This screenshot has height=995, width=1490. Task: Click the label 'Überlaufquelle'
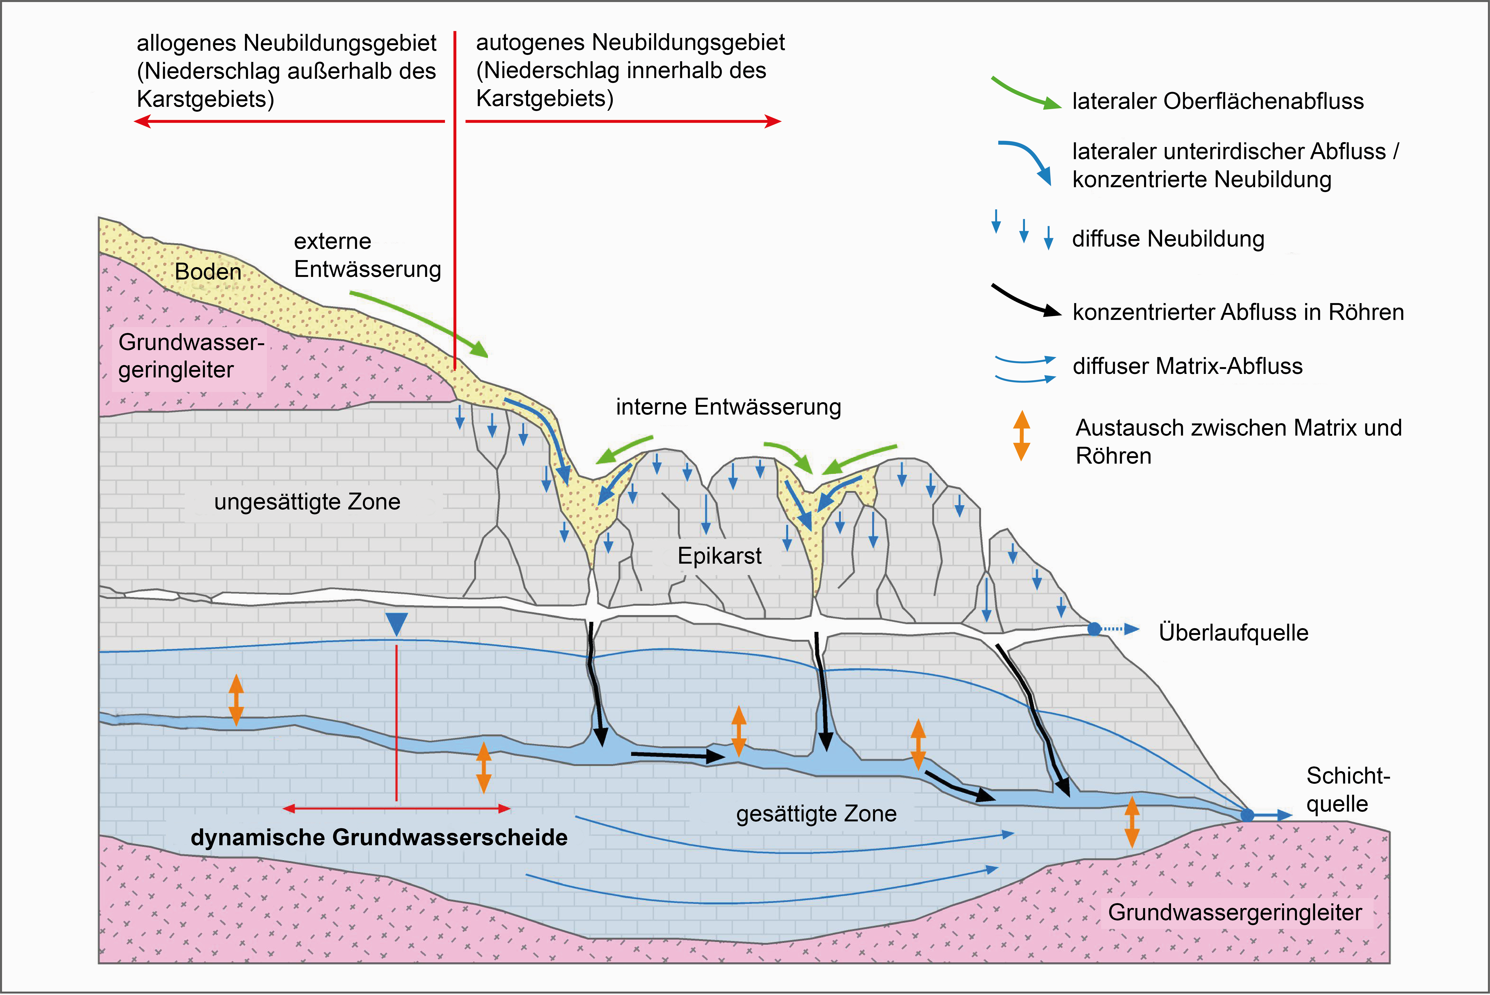pos(1233,633)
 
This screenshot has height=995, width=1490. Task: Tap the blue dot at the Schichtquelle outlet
pos(1247,815)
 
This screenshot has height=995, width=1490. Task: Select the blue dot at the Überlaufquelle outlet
pos(1094,629)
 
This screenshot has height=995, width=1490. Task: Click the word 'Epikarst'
pos(719,556)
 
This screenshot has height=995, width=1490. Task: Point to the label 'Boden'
pos(208,272)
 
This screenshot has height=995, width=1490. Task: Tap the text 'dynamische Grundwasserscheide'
pos(379,838)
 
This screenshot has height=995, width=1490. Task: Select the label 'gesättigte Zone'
pos(816,813)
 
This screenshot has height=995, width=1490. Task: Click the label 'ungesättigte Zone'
pos(307,502)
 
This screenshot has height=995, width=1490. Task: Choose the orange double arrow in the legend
pos(1021,435)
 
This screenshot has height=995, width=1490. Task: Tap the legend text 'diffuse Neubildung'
pos(1168,239)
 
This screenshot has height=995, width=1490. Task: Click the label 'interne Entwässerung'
pos(728,407)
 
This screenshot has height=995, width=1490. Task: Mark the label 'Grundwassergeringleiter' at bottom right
pos(1234,913)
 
